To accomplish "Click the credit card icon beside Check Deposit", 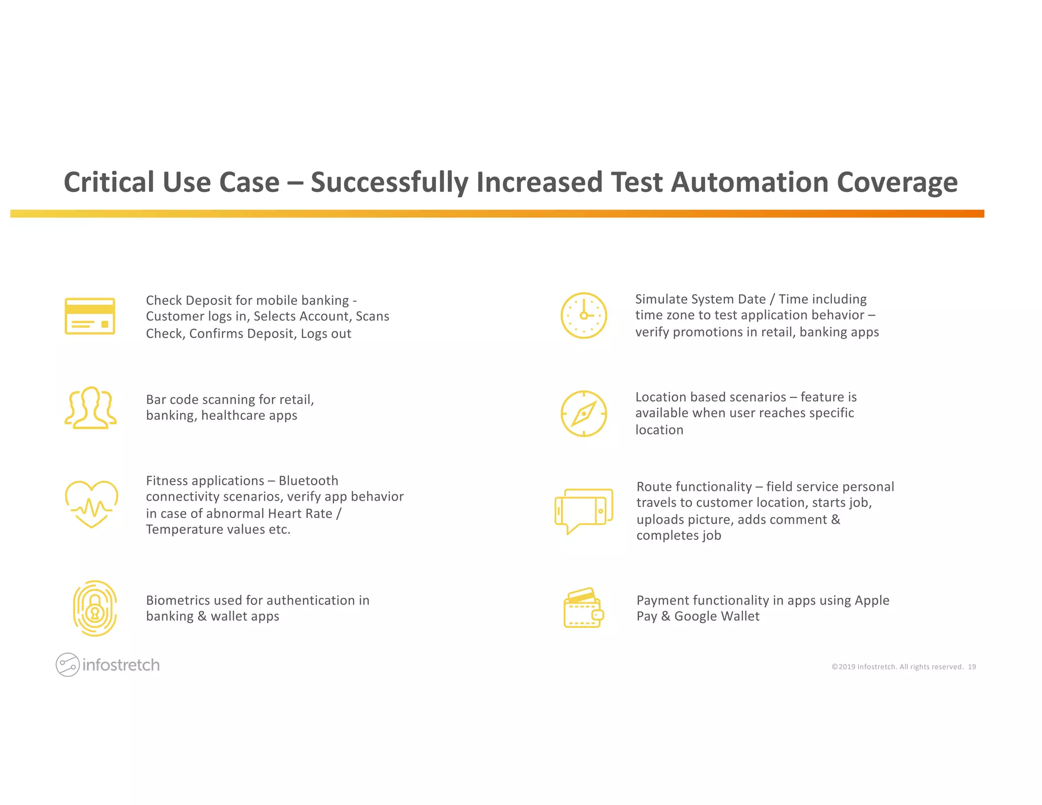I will point(90,316).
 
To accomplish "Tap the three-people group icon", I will point(91,408).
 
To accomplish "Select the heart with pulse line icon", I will point(92,504).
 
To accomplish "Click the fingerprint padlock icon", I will point(95,608).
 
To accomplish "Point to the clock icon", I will point(584,315).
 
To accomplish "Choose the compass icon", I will point(584,414).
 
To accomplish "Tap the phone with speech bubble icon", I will point(584,510).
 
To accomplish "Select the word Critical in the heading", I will point(109,182).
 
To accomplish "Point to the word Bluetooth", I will point(308,481).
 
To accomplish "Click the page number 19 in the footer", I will point(972,667).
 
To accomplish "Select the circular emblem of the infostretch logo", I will point(67,665).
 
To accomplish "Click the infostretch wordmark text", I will point(121,665).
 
